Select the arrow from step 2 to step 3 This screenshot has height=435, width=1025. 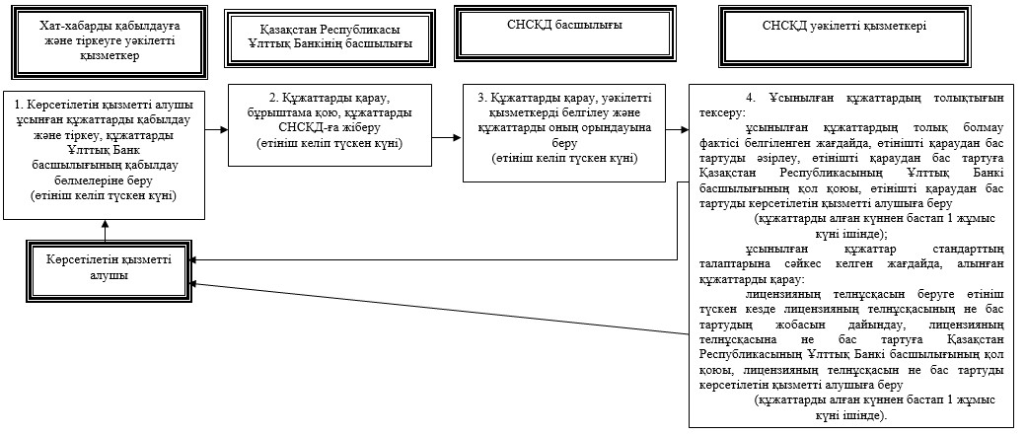[447, 138]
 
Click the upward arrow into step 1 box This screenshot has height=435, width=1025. [105, 229]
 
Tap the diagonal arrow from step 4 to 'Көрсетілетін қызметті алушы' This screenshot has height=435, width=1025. [441, 309]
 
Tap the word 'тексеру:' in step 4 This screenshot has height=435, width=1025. [718, 111]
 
